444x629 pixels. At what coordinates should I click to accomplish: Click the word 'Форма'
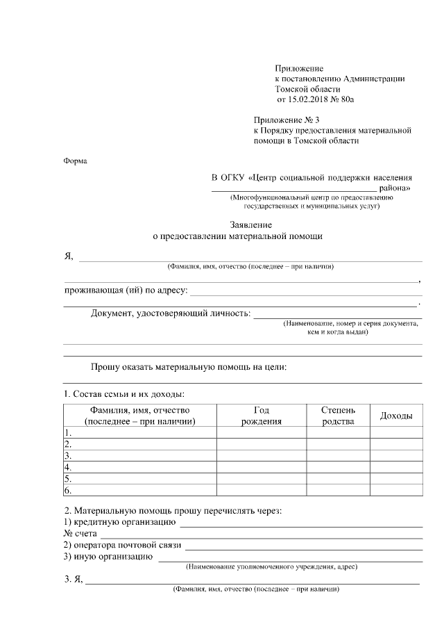click(x=75, y=161)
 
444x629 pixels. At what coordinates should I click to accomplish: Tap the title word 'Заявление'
click(x=250, y=224)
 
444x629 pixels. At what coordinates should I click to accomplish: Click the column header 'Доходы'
click(x=396, y=416)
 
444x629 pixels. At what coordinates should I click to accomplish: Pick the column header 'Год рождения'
click(x=262, y=416)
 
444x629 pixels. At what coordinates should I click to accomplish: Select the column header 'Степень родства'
click(x=338, y=416)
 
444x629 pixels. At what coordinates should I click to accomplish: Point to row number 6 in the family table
click(x=68, y=491)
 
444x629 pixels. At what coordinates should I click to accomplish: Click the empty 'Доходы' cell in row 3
click(x=396, y=456)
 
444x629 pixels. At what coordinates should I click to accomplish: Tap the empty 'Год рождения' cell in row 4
click(x=262, y=468)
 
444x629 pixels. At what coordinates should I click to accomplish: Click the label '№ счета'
click(x=80, y=533)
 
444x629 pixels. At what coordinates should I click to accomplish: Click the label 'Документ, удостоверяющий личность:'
click(x=171, y=313)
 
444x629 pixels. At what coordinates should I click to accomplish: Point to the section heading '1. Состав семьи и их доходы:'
click(x=123, y=394)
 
